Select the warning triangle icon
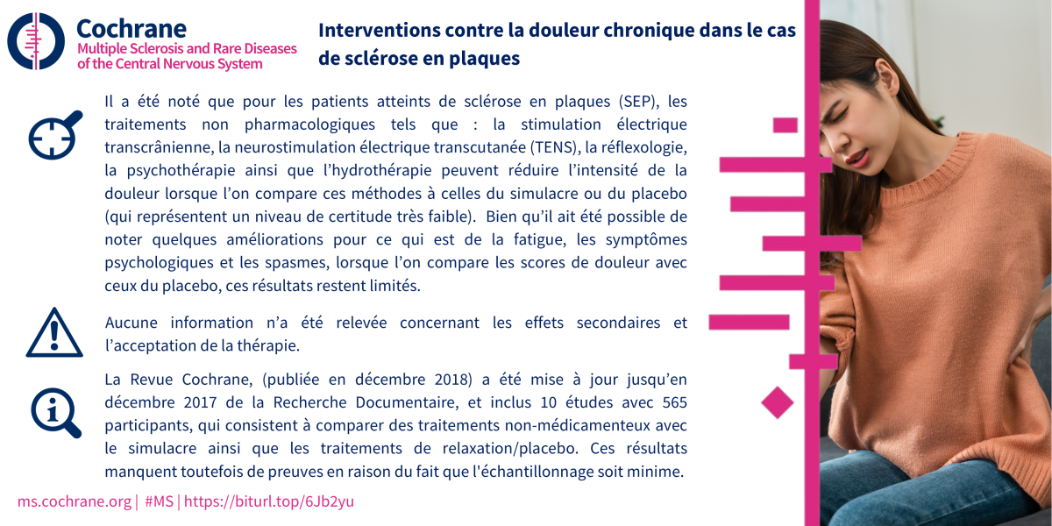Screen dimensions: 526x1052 point(53,334)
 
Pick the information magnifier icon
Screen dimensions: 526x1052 point(55,411)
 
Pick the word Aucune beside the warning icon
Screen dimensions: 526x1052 point(131,322)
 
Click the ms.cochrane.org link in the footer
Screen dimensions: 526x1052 point(74,501)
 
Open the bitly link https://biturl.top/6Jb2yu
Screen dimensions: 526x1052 point(268,501)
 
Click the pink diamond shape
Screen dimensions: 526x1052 point(777,402)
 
